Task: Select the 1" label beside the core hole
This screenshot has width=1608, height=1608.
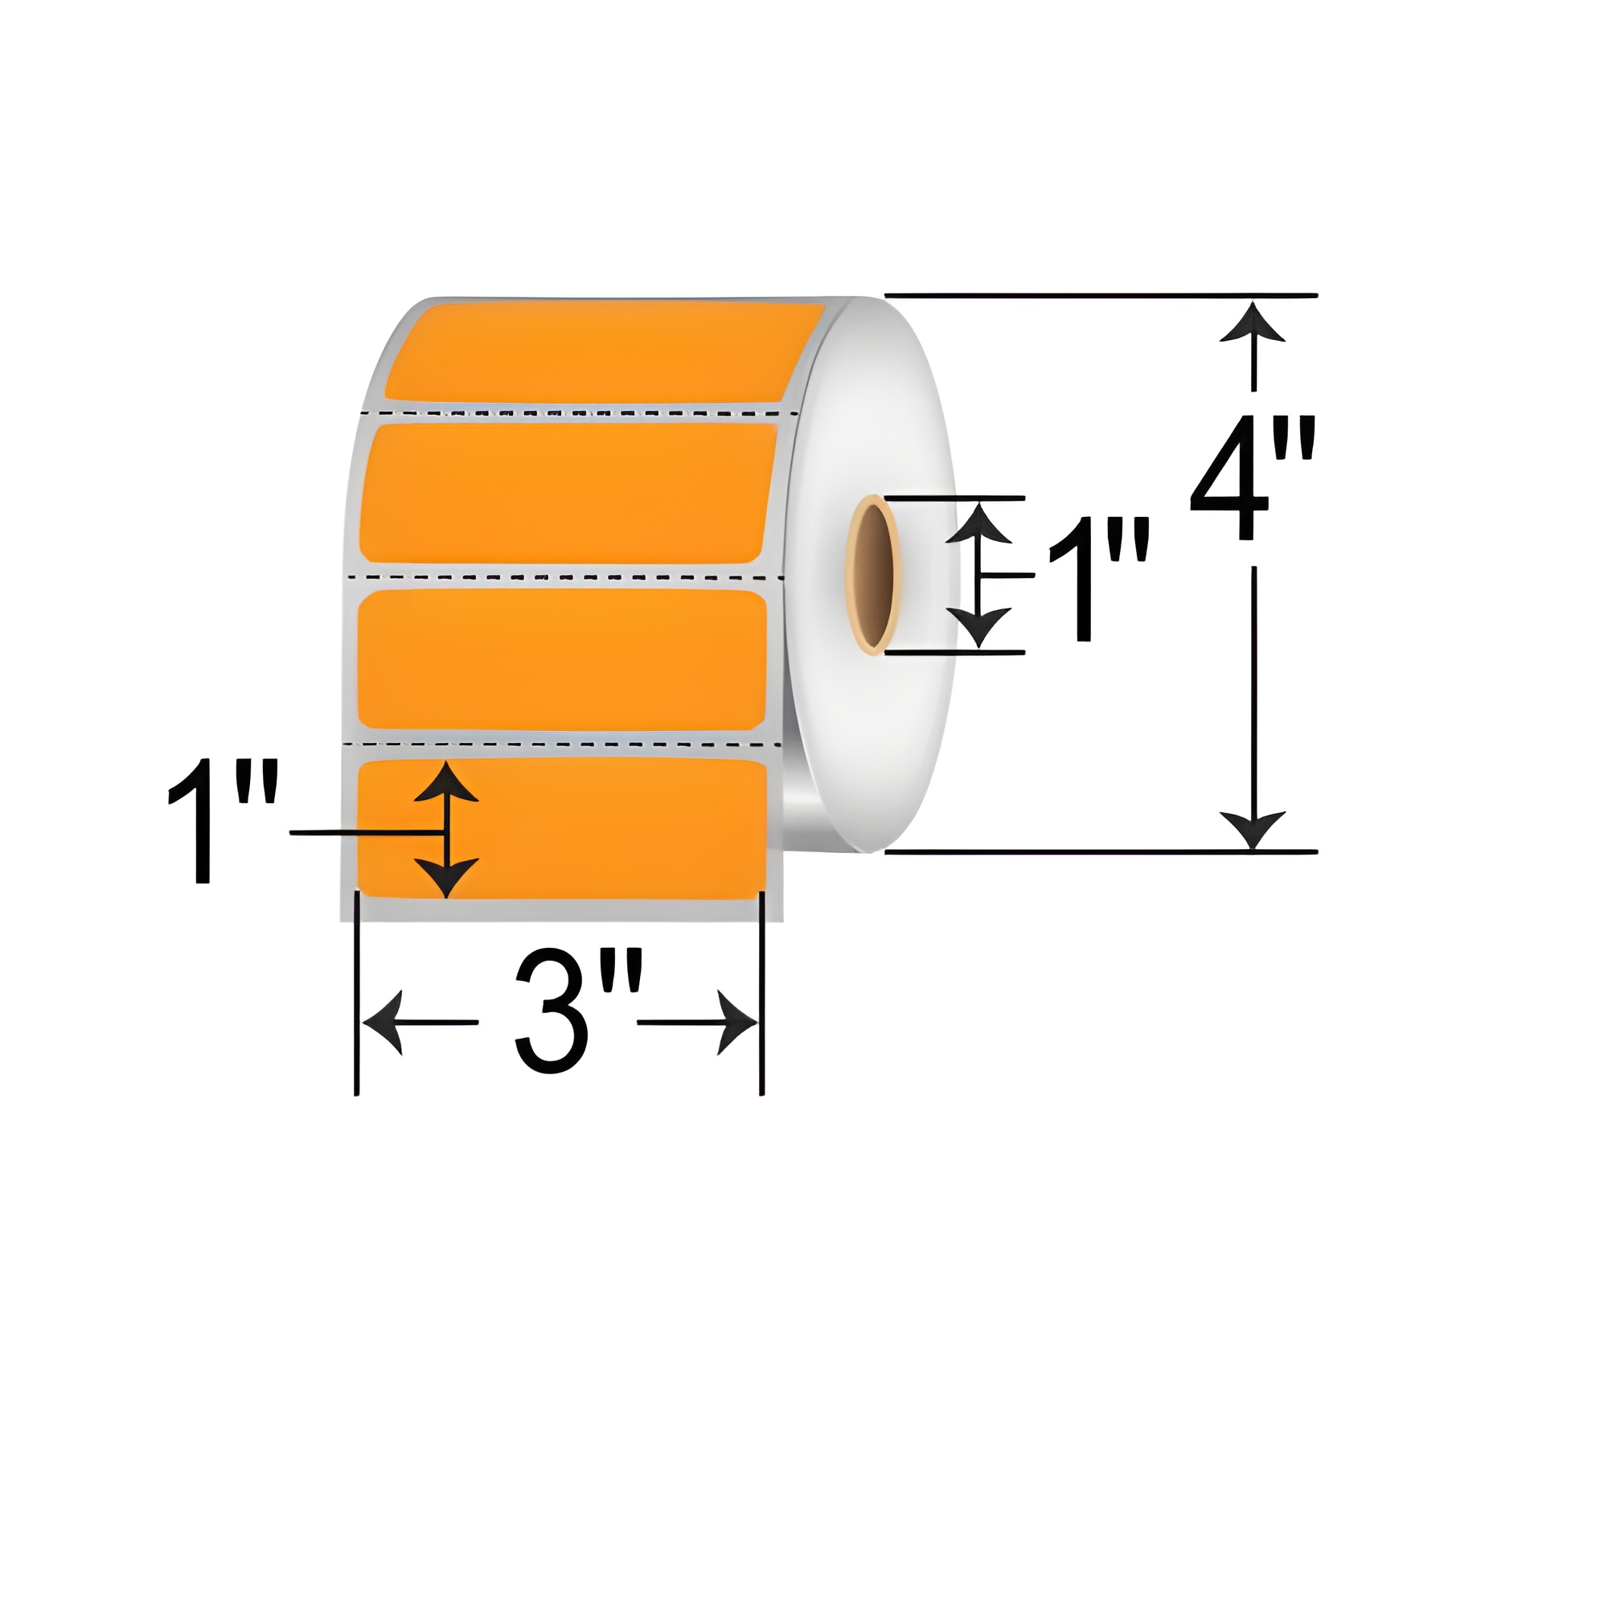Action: pyautogui.click(x=1097, y=579)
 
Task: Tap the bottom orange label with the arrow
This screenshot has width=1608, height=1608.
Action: pyautogui.click(x=599, y=828)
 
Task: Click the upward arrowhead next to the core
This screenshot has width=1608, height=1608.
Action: pyautogui.click(x=978, y=524)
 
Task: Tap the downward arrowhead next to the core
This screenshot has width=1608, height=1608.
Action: pyautogui.click(x=978, y=626)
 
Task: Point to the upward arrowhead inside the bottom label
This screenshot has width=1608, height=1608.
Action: pyautogui.click(x=446, y=781)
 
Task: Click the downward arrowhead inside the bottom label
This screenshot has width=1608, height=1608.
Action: pyautogui.click(x=446, y=876)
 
